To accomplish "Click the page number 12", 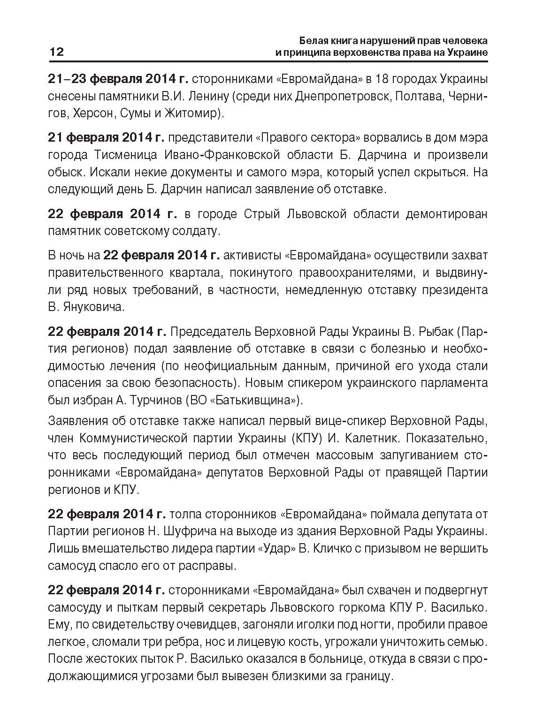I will click(56, 52).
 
